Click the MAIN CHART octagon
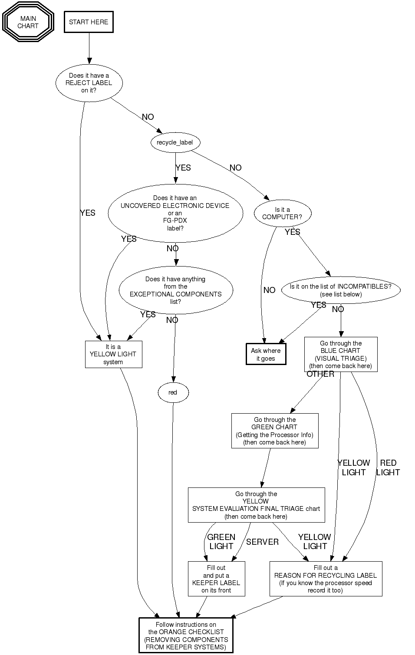tap(28, 22)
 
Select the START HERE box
tap(89, 22)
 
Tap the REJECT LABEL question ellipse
tap(89, 83)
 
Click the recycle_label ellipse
tap(175, 142)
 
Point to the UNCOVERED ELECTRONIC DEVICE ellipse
tap(175, 213)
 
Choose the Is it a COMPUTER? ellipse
tap(282, 213)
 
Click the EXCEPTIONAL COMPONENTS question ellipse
tap(176, 290)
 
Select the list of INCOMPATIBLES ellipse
tap(341, 290)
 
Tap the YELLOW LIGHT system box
tap(113, 354)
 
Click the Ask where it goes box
tap(266, 354)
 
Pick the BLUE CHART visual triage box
tap(341, 354)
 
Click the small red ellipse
tap(173, 392)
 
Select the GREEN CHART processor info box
tap(275, 431)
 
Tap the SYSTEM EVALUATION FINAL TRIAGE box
tap(256, 505)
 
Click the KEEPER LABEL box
tap(216, 579)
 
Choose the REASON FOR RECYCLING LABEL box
tap(326, 579)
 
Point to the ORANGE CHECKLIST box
tap(186, 635)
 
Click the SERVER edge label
tap(262, 542)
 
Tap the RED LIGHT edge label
tap(388, 467)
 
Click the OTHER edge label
tap(320, 374)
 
